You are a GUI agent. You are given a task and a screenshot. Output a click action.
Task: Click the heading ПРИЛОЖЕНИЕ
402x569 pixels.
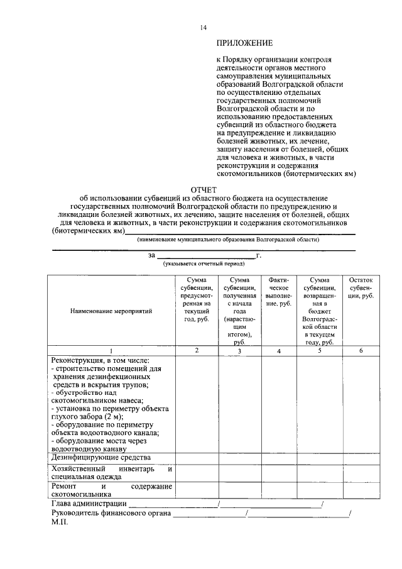(244, 43)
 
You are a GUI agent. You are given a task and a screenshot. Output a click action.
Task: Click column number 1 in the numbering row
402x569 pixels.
(111, 350)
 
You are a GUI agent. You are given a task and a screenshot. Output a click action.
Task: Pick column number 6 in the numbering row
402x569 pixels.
(361, 350)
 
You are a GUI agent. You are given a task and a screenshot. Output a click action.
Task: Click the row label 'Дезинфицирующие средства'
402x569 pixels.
(94, 458)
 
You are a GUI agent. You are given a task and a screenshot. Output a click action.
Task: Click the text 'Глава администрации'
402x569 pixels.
(88, 504)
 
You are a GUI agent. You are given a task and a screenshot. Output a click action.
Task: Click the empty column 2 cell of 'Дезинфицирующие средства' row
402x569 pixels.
(197, 458)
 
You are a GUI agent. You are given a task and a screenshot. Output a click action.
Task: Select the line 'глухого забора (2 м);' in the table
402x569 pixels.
(87, 416)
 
